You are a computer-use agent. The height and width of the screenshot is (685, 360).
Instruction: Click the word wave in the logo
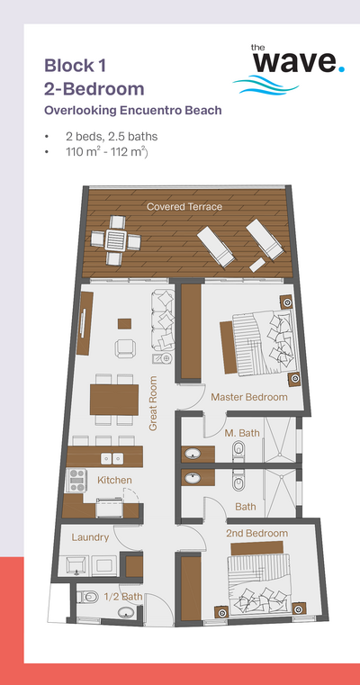point(295,61)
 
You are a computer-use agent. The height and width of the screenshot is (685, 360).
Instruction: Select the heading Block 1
point(75,66)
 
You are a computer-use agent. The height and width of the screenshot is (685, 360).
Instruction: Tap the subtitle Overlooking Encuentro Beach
point(133,111)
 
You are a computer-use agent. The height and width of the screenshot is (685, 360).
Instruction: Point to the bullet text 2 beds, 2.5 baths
point(112,136)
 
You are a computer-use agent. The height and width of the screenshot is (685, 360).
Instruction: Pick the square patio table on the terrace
point(117,239)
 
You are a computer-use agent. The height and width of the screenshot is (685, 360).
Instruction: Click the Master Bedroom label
point(249,397)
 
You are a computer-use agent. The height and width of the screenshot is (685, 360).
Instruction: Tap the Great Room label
point(153,403)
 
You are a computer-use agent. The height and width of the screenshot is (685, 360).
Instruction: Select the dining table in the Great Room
point(114,400)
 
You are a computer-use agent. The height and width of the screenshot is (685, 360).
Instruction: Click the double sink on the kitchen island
point(112,458)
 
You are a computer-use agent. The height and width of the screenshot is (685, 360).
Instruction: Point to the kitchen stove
point(76,480)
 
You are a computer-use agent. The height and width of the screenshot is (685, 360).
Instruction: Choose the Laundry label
point(90,536)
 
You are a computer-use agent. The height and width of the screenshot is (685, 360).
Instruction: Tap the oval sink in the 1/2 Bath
point(127,613)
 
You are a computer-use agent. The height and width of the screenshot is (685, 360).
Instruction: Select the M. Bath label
point(242,433)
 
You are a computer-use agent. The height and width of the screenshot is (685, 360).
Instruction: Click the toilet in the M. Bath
point(238,450)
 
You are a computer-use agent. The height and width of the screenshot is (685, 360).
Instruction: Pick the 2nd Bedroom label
point(256,533)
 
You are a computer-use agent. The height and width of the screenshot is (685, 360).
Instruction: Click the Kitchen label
point(114,480)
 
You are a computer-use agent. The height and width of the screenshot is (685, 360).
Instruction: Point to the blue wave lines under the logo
point(265,85)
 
